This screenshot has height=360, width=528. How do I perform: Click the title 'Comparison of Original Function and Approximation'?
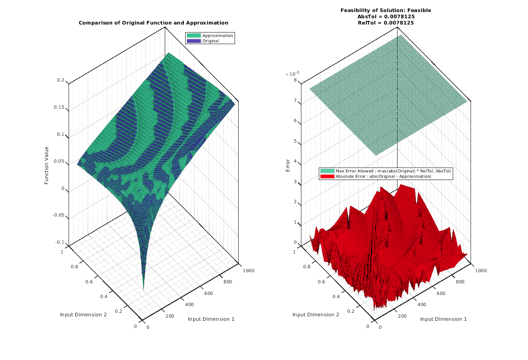pos(153,23)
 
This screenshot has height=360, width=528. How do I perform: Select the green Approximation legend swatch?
pos(194,36)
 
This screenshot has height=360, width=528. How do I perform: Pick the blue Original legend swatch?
pos(194,41)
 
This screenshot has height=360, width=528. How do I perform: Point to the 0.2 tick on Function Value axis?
pos(61,81)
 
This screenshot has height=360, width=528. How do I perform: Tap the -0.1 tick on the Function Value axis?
pos(60,242)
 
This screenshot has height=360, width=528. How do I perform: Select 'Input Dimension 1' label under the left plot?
pos(211,319)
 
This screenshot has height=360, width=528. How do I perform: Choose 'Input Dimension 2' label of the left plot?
pos(83,315)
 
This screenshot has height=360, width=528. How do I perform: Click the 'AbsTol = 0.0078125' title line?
pos(386,16)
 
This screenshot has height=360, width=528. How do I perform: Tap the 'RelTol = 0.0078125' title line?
pos(386,23)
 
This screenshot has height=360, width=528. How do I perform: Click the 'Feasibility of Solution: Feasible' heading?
pos(386,10)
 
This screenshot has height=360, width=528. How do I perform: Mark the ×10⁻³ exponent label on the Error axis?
pos(292,74)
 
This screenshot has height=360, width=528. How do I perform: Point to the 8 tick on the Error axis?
pos(295,81)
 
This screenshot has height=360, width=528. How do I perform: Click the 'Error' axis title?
pos(287,166)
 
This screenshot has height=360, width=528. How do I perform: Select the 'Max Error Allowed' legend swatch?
pos(327,171)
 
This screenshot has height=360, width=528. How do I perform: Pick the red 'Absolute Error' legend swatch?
pos(327,176)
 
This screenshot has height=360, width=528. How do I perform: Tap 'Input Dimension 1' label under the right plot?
pos(443,319)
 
